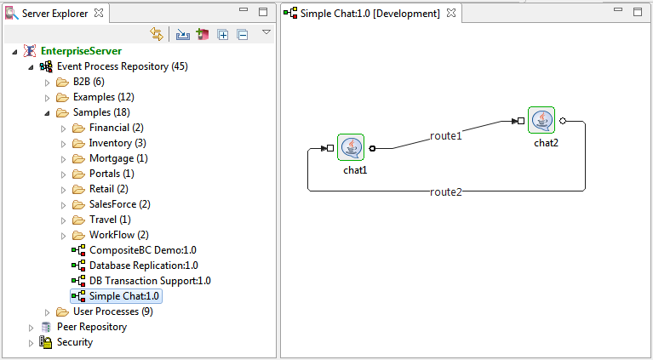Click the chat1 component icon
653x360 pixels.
click(x=351, y=147)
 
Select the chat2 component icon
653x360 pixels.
click(x=541, y=120)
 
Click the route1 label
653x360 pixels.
click(x=445, y=136)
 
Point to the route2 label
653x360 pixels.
click(x=446, y=191)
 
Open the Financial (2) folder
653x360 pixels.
click(x=116, y=128)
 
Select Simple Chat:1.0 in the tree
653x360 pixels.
click(x=124, y=296)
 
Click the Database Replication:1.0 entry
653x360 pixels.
click(x=144, y=266)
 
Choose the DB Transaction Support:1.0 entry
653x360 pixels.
click(x=150, y=281)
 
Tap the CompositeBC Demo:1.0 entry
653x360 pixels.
click(x=143, y=250)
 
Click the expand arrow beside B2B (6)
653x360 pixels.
click(x=47, y=83)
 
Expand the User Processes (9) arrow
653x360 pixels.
click(x=47, y=312)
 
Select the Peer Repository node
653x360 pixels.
click(x=92, y=327)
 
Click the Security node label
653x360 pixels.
click(x=75, y=342)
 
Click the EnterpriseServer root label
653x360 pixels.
click(x=81, y=51)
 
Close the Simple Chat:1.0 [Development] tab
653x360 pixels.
click(x=451, y=13)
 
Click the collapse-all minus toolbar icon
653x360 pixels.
click(x=242, y=35)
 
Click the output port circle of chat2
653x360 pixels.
click(x=563, y=121)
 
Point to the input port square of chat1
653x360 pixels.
click(x=330, y=148)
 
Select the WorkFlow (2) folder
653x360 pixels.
click(x=118, y=235)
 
